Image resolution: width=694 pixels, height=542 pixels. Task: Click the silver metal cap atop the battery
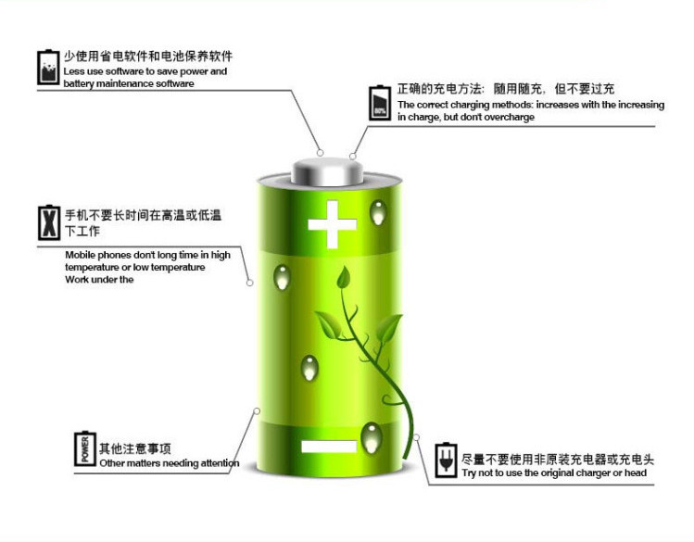coord(329,171)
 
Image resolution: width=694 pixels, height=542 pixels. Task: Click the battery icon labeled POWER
coord(84,448)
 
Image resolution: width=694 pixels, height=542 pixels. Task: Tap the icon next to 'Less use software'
coord(47,67)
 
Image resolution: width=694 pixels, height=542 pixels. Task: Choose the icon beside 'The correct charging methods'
coord(380,103)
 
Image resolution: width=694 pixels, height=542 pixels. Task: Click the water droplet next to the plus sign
coord(377,215)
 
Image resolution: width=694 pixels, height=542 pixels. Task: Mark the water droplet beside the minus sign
coord(371,435)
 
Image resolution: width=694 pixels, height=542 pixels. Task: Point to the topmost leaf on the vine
coord(343,276)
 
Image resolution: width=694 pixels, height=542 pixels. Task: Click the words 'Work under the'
coord(100,280)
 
